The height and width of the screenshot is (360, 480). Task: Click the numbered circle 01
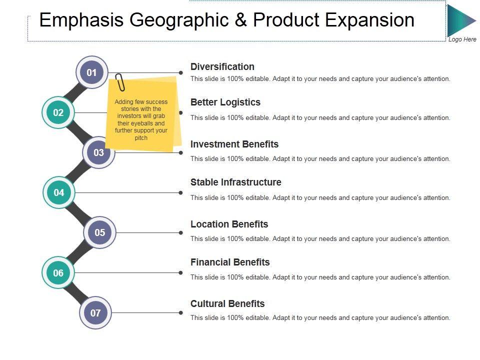(x=91, y=72)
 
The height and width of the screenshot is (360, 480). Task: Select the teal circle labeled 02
(x=58, y=112)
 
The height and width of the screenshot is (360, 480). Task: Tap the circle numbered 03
(x=98, y=152)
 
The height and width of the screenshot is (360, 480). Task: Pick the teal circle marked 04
(x=59, y=192)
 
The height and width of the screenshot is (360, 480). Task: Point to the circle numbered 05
(x=100, y=232)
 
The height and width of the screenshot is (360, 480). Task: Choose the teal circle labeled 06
(x=58, y=272)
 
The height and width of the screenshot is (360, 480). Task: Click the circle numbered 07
(x=95, y=313)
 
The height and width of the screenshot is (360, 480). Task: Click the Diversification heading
(x=222, y=66)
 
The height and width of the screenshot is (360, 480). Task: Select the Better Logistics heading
(x=225, y=102)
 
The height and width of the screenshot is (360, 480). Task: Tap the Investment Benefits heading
(x=234, y=144)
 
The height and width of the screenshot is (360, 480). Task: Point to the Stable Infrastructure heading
(x=236, y=182)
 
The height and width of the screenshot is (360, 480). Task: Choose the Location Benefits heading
(x=229, y=224)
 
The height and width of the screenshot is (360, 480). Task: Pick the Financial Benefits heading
(x=230, y=262)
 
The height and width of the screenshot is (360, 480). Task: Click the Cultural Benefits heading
(x=227, y=303)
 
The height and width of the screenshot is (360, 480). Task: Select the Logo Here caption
(x=462, y=39)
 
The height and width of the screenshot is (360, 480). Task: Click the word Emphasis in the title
(x=81, y=20)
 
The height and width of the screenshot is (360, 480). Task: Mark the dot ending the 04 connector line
(x=180, y=192)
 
